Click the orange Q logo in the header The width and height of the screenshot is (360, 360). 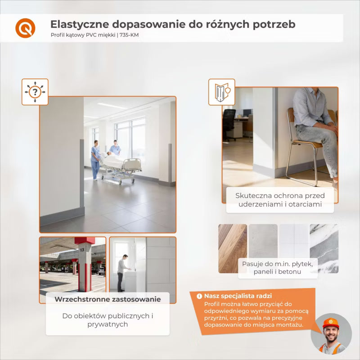click(25, 28)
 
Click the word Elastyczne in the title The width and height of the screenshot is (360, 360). click(80, 25)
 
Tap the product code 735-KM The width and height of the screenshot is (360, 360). click(129, 35)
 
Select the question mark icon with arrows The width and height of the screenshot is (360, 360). click(35, 92)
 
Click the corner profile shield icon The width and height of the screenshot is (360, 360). click(221, 92)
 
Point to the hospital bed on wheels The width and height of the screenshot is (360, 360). click(121, 169)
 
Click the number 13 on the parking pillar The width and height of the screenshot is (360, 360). click(82, 250)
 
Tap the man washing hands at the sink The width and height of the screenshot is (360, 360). click(122, 273)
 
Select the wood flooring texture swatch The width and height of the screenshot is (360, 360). click(233, 248)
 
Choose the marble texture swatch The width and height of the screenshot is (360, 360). click(324, 248)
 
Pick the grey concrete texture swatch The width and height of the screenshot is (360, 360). click(263, 241)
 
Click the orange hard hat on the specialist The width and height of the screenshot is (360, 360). click(331, 323)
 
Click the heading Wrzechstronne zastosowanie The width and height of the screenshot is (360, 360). click(108, 299)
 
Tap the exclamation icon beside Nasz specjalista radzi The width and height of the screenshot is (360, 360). click(199, 296)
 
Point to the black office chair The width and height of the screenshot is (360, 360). click(229, 124)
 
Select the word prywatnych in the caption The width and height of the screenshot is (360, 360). click(108, 324)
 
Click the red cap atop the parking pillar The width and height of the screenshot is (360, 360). click(85, 240)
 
